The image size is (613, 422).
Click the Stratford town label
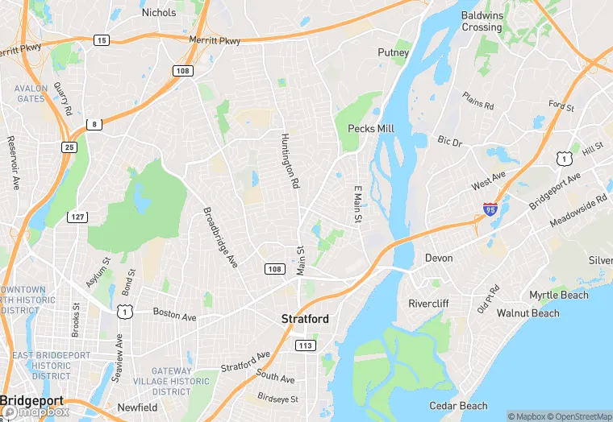[305, 319]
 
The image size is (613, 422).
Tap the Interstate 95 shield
[490, 209]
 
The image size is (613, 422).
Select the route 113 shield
[305, 345]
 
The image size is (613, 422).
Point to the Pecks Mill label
[371, 129]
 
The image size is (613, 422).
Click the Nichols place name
[158, 12]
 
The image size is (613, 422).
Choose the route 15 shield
[101, 39]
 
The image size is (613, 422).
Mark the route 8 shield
[95, 123]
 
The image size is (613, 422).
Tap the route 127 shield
[77, 217]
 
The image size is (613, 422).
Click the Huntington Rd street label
[290, 160]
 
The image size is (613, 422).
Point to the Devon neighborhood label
[439, 259]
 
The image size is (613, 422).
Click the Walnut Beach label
[528, 312]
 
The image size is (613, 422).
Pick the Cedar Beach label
[458, 406]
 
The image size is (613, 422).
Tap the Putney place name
[394, 52]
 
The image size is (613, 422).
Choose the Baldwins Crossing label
[482, 21]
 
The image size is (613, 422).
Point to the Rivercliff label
[429, 304]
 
